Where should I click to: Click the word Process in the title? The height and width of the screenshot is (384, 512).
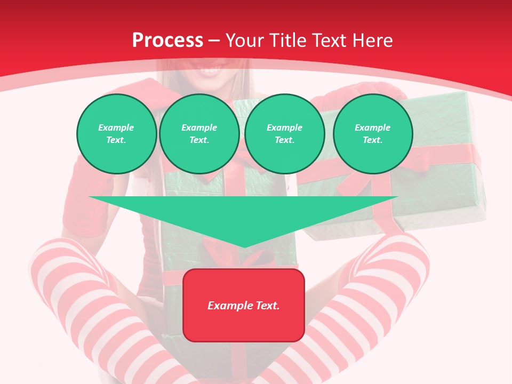(x=167, y=41)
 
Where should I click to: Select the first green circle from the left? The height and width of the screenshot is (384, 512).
(x=116, y=134)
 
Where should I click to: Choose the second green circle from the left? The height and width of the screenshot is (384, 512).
(x=199, y=134)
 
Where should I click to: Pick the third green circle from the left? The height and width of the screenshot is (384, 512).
(x=284, y=134)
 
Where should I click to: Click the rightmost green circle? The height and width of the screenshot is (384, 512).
(x=372, y=134)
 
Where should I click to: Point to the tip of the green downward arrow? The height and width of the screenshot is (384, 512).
(x=244, y=246)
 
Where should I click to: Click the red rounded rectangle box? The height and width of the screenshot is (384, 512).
(x=244, y=305)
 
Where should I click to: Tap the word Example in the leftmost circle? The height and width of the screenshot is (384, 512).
(x=116, y=127)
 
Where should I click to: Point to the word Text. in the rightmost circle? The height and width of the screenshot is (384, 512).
(x=372, y=140)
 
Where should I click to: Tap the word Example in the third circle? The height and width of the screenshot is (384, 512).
(x=284, y=127)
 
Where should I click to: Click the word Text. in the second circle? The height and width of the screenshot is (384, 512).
(x=199, y=140)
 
